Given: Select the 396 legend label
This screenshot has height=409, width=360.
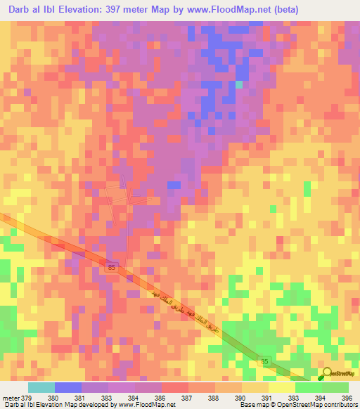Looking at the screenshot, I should pyautogui.click(x=342, y=397).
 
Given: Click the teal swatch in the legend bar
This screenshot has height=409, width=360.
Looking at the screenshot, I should pyautogui.click(x=41, y=387).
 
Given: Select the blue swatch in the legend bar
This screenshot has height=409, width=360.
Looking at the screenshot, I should pyautogui.click(x=68, y=387).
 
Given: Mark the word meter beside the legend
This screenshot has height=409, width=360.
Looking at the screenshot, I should pyautogui.click(x=11, y=397).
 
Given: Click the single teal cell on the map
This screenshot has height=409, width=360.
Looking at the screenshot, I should pyautogui.click(x=239, y=84).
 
